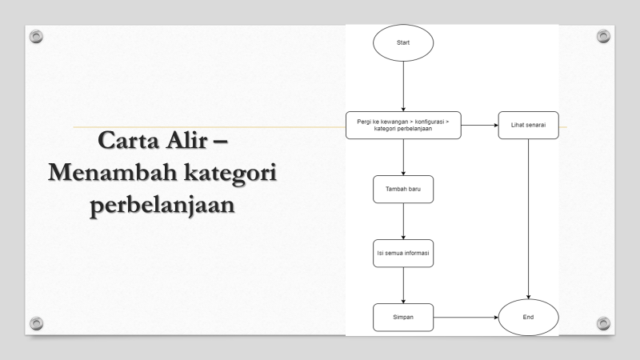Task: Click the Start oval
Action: point(403,42)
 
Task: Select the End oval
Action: point(528,318)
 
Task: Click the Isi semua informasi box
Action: point(403,253)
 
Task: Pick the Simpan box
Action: point(403,318)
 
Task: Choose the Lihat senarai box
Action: point(528,126)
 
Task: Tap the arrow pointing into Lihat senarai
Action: point(480,126)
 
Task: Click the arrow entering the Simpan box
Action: point(403,285)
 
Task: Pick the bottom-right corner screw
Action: point(604,322)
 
